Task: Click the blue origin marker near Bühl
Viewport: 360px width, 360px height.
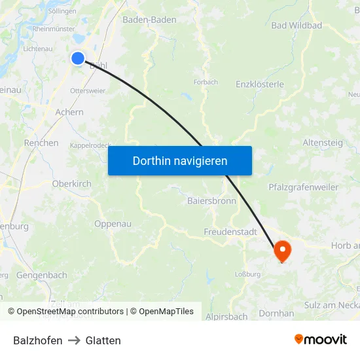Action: tap(78, 58)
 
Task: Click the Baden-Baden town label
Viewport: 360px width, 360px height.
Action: tap(149, 20)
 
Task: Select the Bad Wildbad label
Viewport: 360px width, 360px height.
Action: tap(297, 26)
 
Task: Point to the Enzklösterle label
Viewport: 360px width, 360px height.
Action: tap(260, 84)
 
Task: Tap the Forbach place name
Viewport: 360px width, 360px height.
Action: tap(206, 82)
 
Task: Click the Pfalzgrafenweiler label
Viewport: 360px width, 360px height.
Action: tap(304, 187)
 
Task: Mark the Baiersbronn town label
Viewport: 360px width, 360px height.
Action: tap(211, 201)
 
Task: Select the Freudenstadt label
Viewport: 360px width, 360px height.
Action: tap(230, 232)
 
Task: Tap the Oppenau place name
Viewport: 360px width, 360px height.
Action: tap(113, 224)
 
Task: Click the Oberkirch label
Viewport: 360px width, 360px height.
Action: tap(71, 184)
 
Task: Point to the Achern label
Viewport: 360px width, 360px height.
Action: tap(69, 112)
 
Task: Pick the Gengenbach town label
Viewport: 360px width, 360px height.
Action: tap(42, 276)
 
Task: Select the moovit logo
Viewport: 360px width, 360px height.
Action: tap(321, 340)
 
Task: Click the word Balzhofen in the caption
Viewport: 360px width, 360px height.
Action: tap(38, 340)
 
